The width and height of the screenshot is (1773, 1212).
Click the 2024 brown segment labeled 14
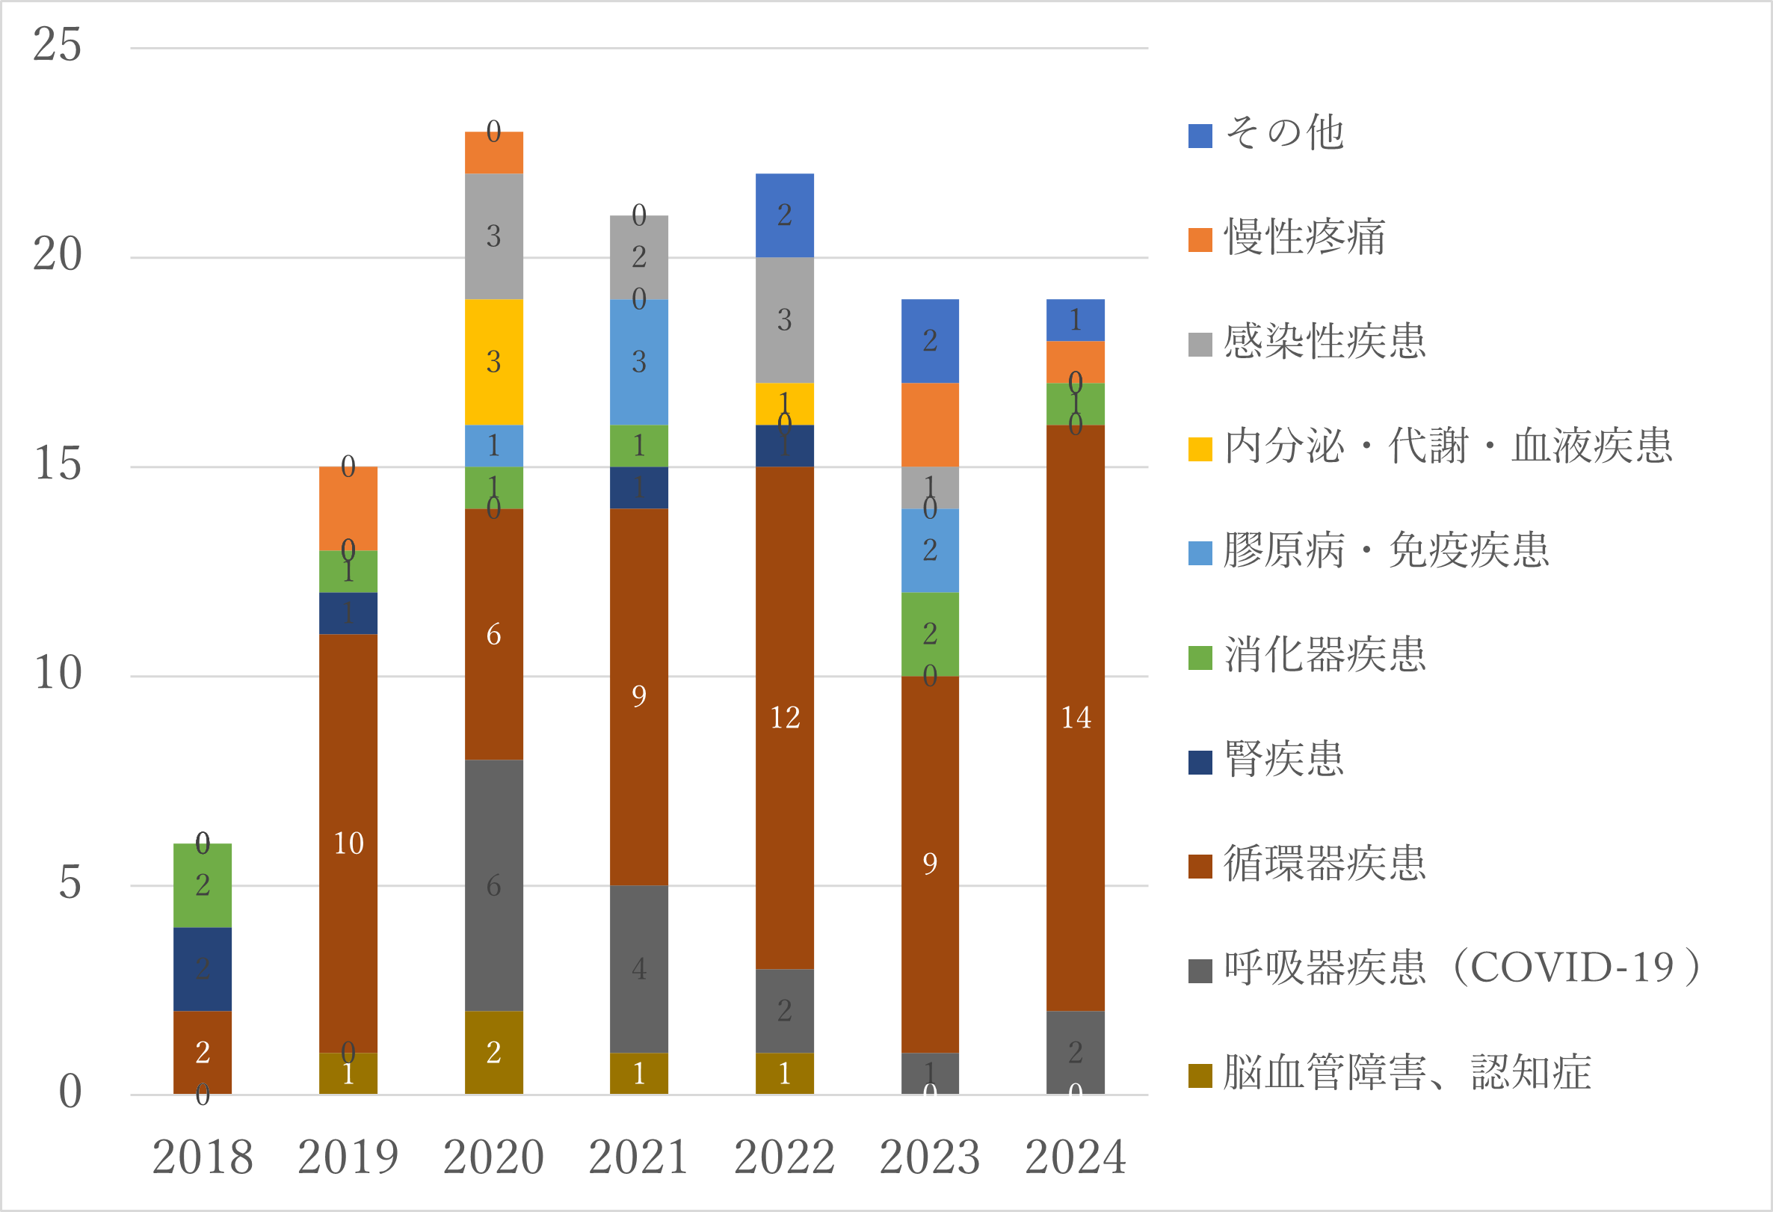point(1075,718)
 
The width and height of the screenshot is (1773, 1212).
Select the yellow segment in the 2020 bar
point(493,362)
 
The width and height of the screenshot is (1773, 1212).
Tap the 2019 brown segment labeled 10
point(348,843)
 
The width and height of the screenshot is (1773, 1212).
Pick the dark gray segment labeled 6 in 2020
point(493,885)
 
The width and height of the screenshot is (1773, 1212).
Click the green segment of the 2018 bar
point(202,885)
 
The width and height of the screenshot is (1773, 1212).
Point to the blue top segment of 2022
point(784,215)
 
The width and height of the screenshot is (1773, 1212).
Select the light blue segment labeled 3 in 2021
point(638,362)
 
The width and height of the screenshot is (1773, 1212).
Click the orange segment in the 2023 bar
point(929,425)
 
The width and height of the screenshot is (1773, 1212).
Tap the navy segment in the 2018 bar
point(202,968)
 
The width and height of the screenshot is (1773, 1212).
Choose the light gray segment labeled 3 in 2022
point(784,320)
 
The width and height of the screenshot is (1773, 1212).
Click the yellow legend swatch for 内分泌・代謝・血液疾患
point(1200,449)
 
